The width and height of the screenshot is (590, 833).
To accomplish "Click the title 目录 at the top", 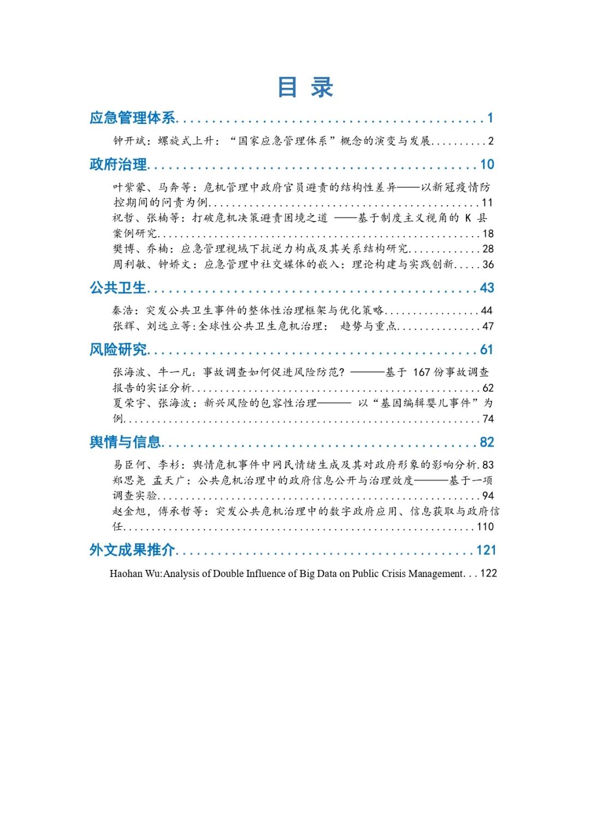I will pos(305,87).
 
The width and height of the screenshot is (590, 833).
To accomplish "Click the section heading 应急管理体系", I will pos(133,118).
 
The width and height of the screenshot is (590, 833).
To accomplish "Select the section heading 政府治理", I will pos(118,164).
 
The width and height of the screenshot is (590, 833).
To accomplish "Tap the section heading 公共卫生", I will pos(118,288).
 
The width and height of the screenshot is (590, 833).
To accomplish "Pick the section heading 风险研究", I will pos(118,349).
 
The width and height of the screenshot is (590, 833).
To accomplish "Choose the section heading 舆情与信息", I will pos(126,442).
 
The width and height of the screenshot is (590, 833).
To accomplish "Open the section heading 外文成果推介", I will pos(133,550).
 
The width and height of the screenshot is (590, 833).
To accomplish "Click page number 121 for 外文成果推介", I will pos(486,550).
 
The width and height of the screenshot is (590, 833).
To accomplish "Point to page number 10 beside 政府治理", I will pos(487,164).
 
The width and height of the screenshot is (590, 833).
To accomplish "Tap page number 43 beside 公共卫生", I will pos(487,288).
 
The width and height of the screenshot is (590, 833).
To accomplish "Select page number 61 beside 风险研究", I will pos(487,349).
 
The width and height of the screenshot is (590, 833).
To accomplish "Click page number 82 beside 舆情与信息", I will pos(487,442).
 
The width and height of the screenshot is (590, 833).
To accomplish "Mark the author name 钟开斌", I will pos(129,141).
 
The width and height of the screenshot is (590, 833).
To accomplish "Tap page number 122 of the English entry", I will pos(488,574).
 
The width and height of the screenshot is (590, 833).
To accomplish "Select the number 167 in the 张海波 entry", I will pos(422,372).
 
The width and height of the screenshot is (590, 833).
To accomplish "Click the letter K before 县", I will pos(468,218).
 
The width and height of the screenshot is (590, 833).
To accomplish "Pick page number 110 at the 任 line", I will pos(485,527).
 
